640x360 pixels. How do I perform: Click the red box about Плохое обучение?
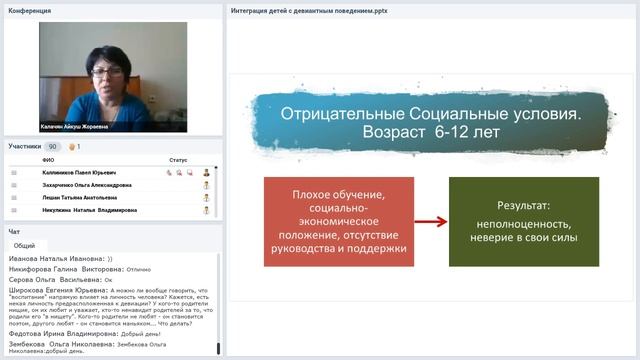point(339,221)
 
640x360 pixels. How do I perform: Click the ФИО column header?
point(48,160)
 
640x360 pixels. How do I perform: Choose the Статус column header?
point(178,160)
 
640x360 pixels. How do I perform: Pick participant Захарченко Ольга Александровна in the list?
point(86,185)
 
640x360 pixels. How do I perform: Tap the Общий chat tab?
point(24,245)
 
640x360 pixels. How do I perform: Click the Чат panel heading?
point(14,231)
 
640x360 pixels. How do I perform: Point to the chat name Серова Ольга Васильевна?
point(50,281)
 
